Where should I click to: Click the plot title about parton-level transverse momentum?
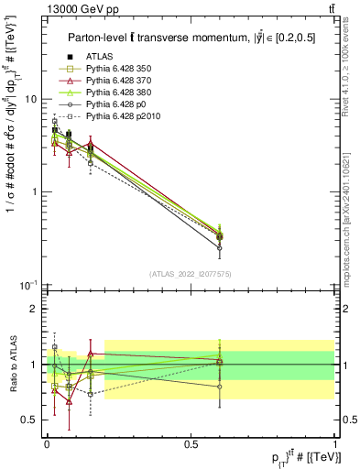(x=187, y=38)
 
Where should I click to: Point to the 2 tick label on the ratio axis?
(x=36, y=309)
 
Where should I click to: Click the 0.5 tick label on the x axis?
(x=191, y=442)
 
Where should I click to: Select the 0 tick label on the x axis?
(x=47, y=442)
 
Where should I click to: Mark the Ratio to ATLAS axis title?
(x=12, y=365)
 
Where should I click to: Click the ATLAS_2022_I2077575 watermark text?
(x=191, y=274)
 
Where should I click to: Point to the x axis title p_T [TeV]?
(x=301, y=456)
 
